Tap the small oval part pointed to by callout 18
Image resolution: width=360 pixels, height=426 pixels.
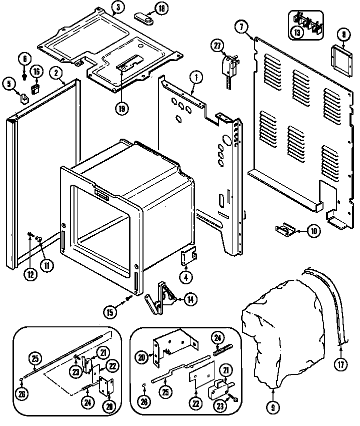(144, 17)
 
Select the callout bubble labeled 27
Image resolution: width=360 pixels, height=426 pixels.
(217, 45)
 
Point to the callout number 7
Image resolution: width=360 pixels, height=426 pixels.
(242, 27)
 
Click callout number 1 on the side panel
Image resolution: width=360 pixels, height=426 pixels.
(196, 78)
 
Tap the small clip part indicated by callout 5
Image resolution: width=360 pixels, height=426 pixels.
(24, 97)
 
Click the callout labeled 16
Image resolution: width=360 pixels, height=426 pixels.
(36, 72)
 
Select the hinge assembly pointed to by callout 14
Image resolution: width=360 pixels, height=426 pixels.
(159, 299)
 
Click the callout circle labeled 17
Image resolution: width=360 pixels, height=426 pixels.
(341, 364)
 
